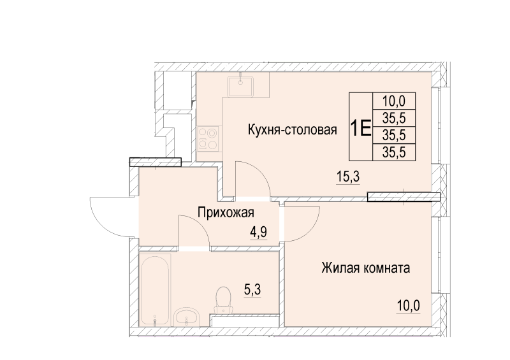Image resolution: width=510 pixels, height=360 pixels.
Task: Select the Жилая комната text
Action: [365, 268]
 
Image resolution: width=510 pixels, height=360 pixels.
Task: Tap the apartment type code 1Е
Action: [360, 127]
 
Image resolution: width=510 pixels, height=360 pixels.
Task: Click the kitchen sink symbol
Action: [240, 84]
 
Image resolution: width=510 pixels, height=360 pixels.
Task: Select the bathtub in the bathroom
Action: [154, 291]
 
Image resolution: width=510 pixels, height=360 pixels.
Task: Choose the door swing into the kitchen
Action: [252, 178]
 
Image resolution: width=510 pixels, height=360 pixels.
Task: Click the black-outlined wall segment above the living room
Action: [404, 197]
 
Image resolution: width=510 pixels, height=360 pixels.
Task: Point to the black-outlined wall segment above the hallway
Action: [156, 162]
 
